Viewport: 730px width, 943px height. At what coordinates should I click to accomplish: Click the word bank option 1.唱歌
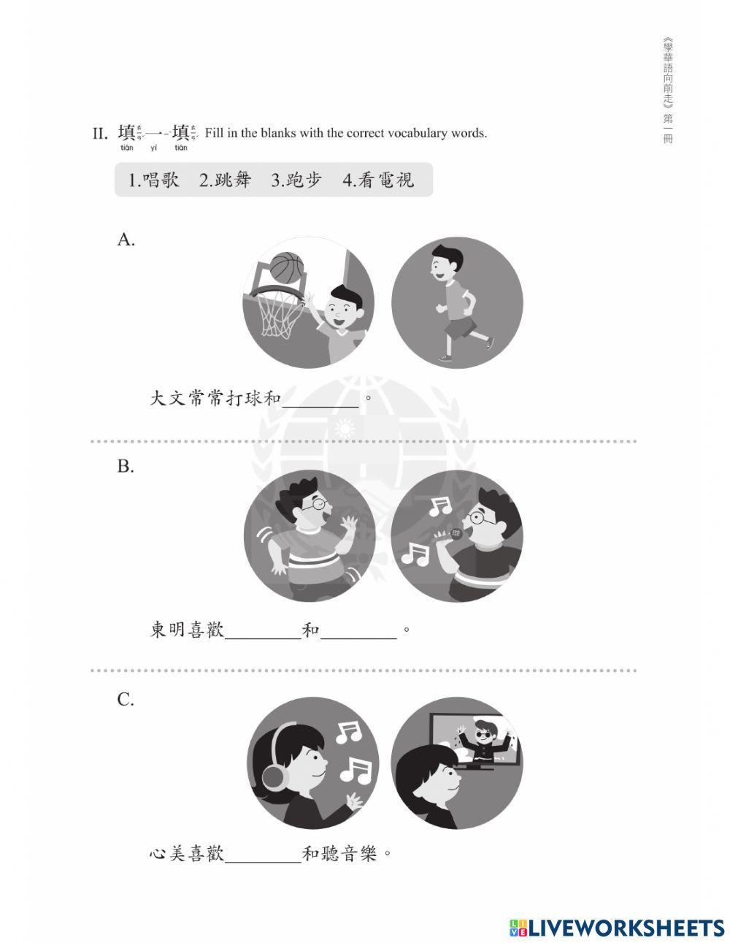(153, 180)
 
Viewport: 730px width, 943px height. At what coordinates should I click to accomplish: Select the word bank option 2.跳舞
(225, 180)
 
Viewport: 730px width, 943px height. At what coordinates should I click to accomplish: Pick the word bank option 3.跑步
(296, 180)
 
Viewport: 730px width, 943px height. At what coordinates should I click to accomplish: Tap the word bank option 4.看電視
(378, 180)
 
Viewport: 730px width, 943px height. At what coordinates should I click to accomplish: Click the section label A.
(126, 240)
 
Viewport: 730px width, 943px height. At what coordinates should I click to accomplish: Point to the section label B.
(126, 467)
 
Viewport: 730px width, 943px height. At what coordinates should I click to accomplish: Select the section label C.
(126, 700)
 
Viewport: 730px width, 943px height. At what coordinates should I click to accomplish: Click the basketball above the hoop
(286, 267)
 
